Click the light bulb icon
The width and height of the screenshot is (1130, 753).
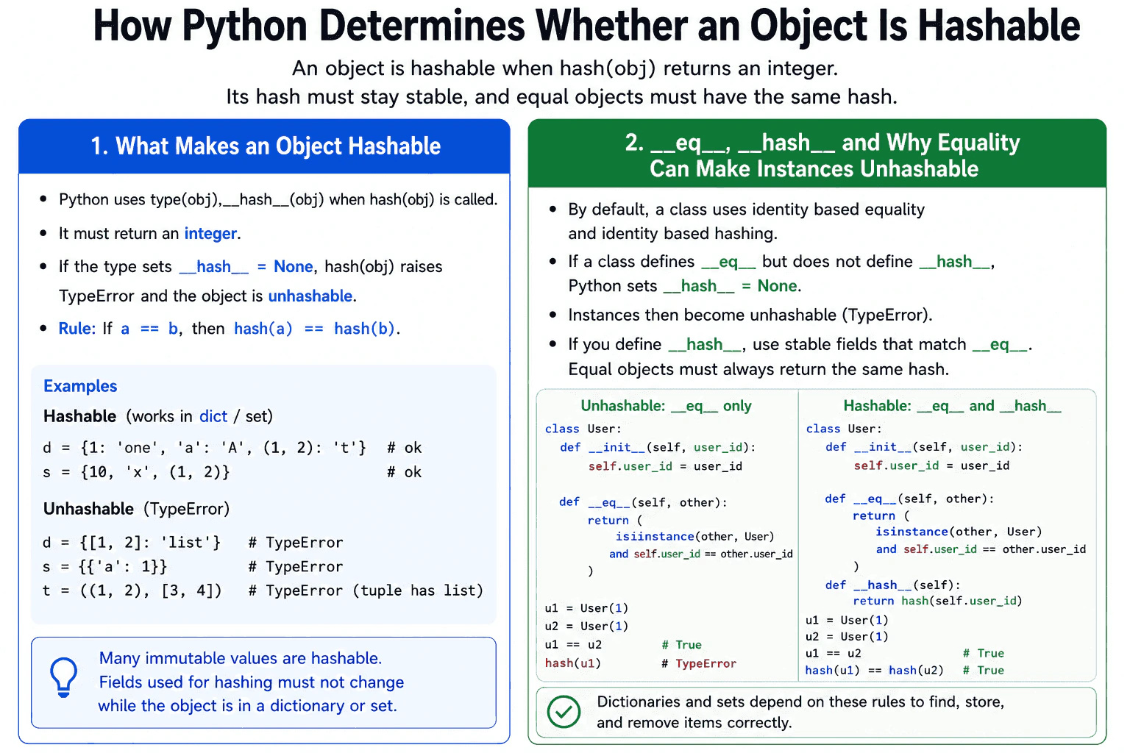click(63, 677)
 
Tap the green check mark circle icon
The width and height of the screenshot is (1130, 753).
click(564, 712)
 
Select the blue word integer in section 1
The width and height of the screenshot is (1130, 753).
click(210, 234)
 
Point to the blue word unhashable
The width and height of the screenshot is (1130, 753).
click(310, 296)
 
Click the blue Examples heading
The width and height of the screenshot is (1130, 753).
click(80, 386)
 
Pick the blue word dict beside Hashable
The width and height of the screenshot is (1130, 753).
click(213, 416)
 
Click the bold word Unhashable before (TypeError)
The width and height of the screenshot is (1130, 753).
click(89, 508)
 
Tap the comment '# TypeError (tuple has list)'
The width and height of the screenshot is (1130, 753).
click(366, 590)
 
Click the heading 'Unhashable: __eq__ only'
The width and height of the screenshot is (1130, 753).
click(666, 406)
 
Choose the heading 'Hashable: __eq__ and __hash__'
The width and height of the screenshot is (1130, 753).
click(952, 406)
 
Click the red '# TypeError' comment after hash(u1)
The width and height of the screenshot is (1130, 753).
click(699, 663)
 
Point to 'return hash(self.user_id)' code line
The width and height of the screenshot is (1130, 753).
click(937, 601)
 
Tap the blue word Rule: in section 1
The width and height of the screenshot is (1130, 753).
click(77, 328)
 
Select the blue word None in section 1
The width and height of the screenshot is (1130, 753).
click(293, 266)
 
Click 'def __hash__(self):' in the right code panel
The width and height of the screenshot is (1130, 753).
click(893, 585)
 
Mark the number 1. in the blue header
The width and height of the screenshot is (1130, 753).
click(100, 146)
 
